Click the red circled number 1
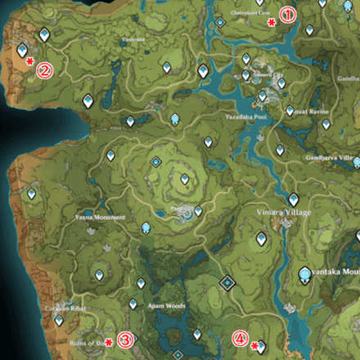[286, 14]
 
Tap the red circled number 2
[44, 70]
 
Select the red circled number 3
[124, 340]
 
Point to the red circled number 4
[240, 337]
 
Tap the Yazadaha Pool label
[241, 118]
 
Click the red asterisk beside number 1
[271, 24]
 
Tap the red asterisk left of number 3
[110, 343]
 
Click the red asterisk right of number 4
[254, 346]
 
